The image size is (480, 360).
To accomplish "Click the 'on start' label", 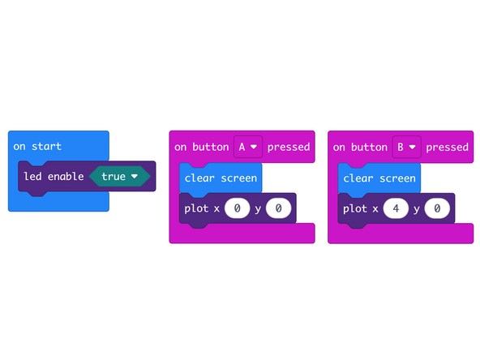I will click(x=37, y=147).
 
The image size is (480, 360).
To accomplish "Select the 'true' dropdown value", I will click(x=114, y=176).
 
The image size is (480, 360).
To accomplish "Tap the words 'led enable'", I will click(x=54, y=176).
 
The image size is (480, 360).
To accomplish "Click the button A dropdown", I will click(x=247, y=147).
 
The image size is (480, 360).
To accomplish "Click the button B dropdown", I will click(x=406, y=147).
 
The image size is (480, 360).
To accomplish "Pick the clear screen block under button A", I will click(x=221, y=178).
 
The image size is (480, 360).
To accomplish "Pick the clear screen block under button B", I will click(x=379, y=178).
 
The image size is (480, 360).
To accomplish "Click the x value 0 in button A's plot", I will click(x=237, y=208).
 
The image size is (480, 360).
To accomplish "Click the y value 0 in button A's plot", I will click(x=278, y=208).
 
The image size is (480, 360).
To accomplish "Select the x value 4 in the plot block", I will click(x=396, y=208).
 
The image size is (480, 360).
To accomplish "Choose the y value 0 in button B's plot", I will click(x=437, y=208).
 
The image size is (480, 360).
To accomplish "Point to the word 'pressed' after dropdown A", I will click(x=289, y=147).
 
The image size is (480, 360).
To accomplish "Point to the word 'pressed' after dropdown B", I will click(x=448, y=147).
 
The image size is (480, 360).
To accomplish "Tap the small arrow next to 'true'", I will click(x=134, y=176).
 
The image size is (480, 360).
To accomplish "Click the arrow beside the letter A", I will click(x=254, y=147).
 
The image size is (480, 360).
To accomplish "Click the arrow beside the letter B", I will click(x=413, y=147).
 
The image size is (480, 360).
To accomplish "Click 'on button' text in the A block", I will click(x=202, y=147).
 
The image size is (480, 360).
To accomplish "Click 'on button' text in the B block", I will click(x=361, y=147).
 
